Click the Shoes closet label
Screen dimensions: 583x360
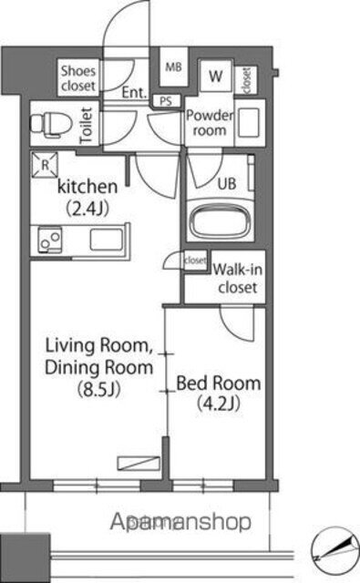78,77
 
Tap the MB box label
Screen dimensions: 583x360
172,66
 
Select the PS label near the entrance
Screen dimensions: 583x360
166,101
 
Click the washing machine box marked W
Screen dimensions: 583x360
217,77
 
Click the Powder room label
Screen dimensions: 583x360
210,123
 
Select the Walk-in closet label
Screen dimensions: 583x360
235,279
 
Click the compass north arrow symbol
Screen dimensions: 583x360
334,549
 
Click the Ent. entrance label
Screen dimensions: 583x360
134,92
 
